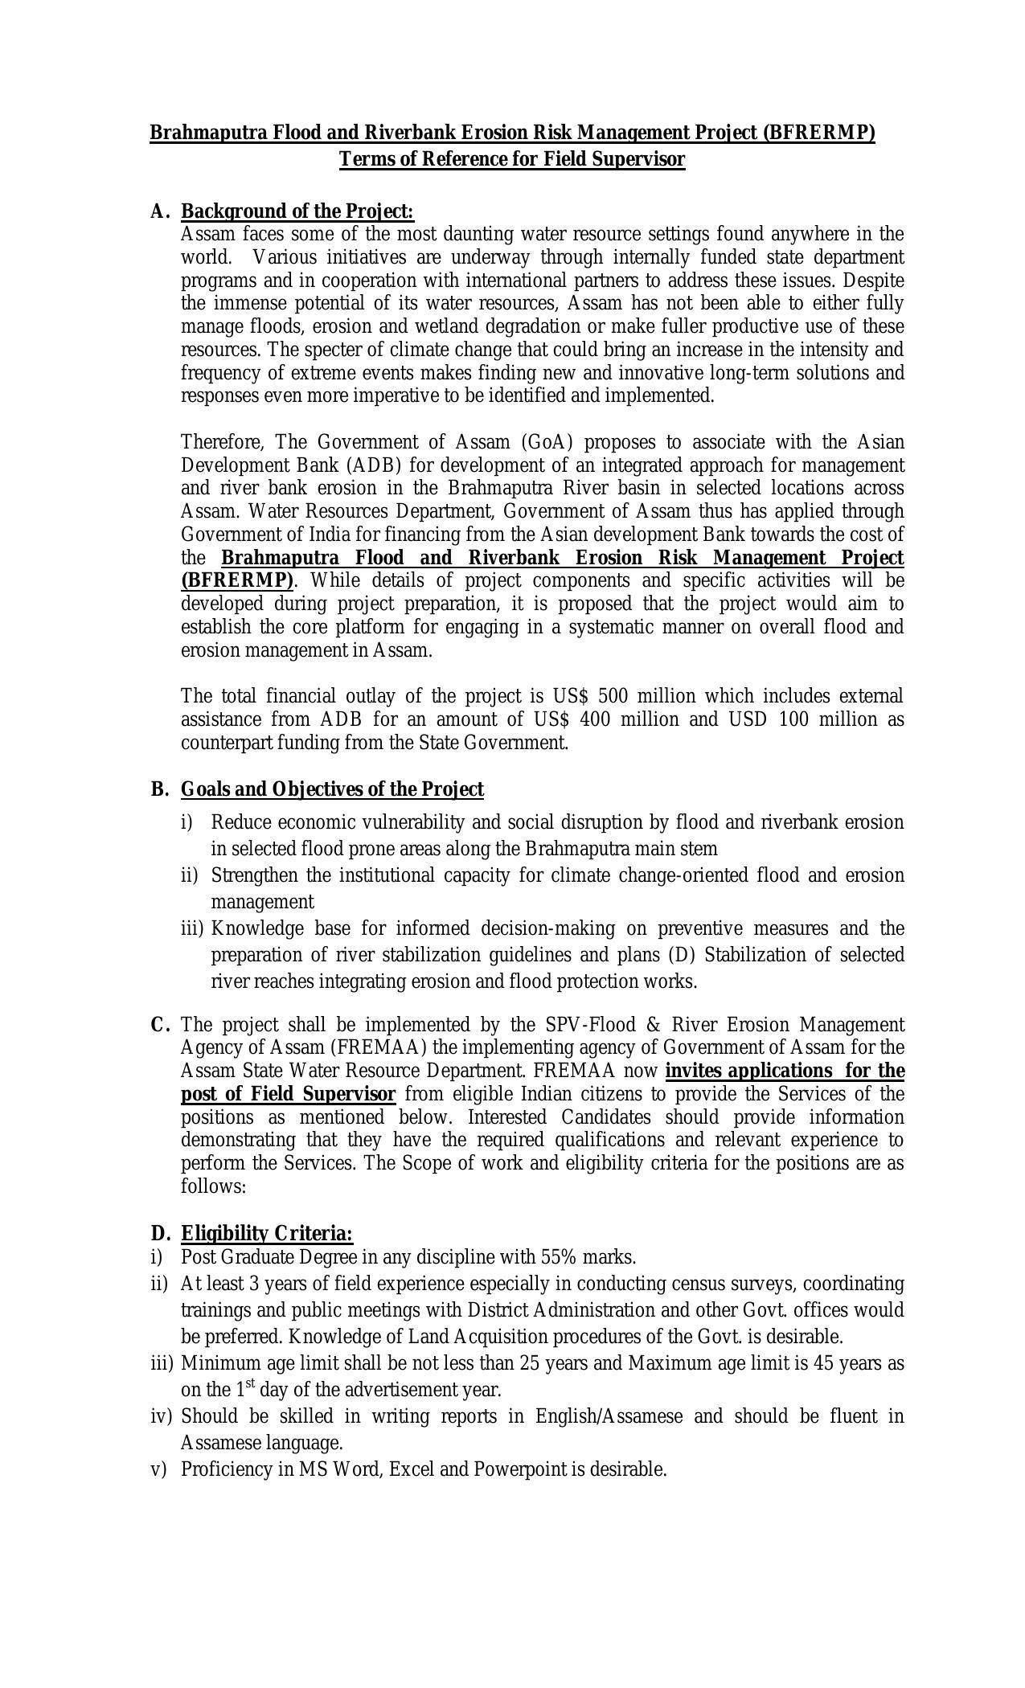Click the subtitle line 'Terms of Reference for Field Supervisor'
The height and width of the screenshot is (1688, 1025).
click(512, 159)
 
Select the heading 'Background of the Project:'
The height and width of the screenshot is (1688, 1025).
click(297, 211)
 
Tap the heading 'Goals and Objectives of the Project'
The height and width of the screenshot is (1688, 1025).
click(332, 789)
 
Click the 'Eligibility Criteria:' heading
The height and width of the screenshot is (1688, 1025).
click(267, 1233)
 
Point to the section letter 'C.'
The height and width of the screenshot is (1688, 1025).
click(160, 1025)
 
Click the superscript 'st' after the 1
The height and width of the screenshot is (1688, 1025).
click(250, 1383)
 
